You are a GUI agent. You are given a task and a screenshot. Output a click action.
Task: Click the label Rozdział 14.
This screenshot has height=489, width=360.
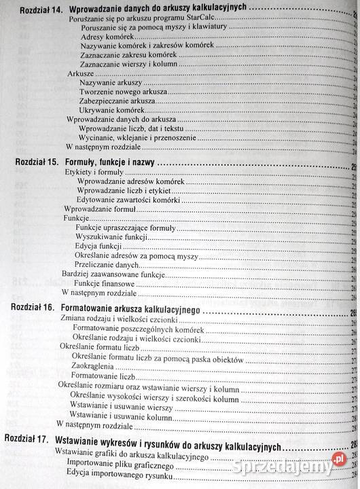pos(41,10)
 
